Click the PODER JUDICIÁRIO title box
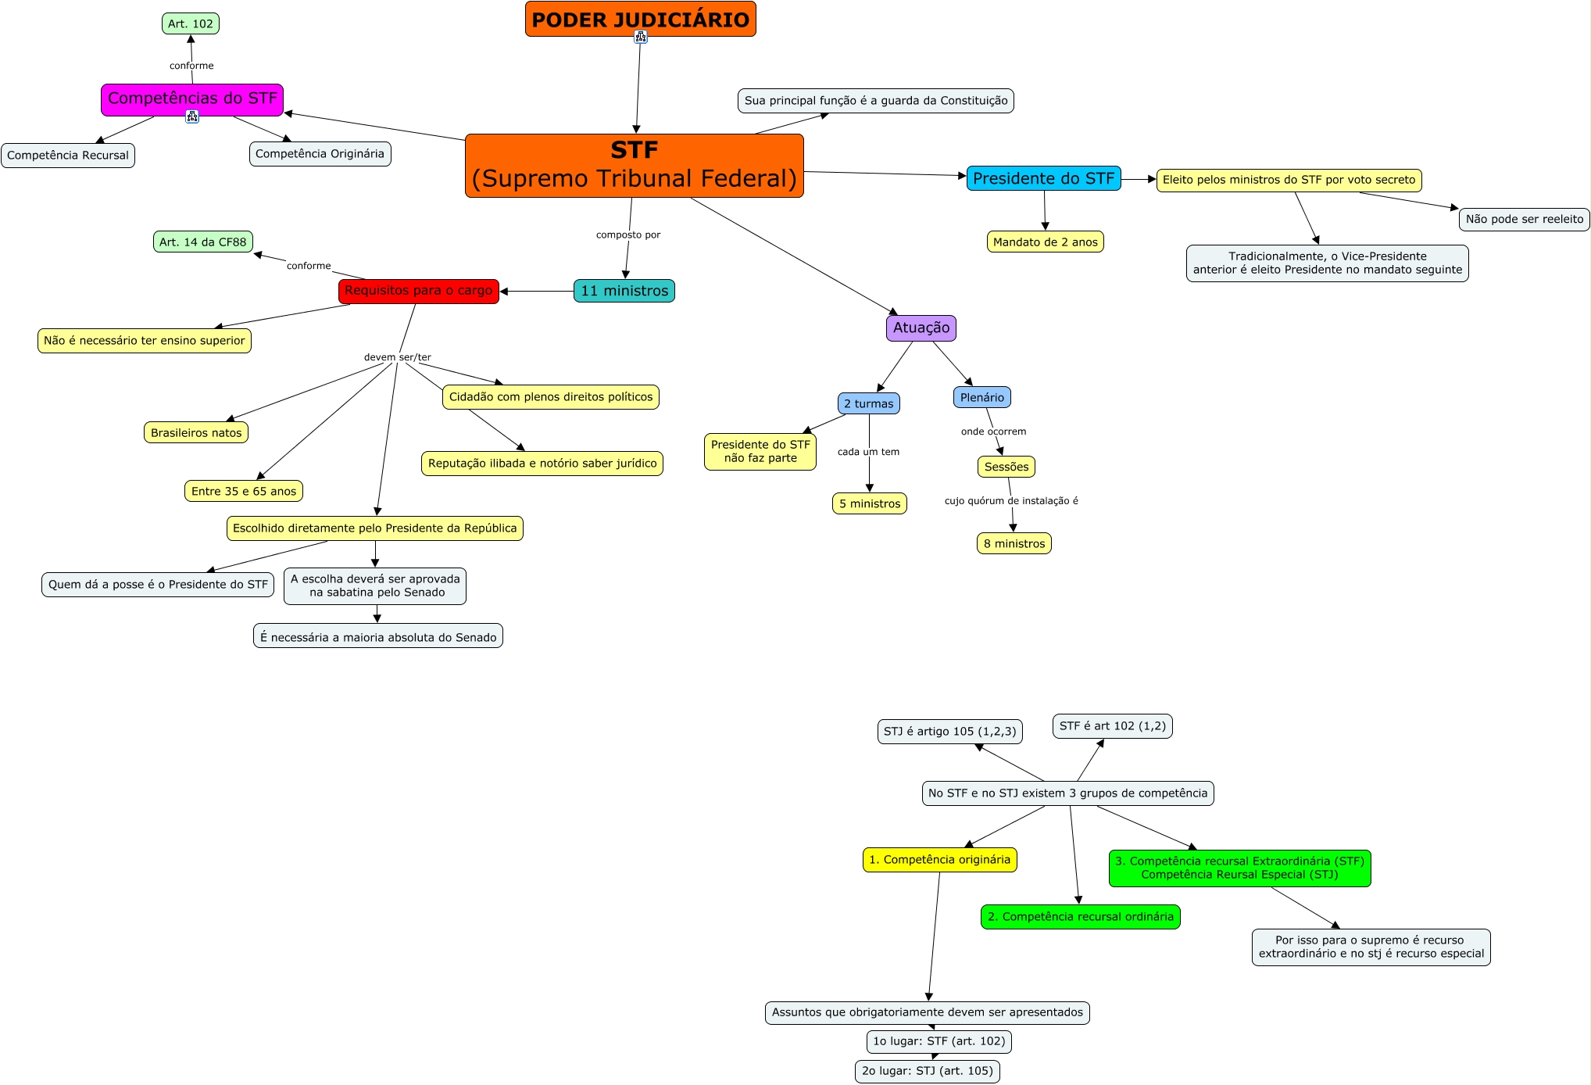pyautogui.click(x=640, y=19)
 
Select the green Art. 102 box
pyautogui.click(x=191, y=23)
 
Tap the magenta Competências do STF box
pyautogui.click(x=192, y=98)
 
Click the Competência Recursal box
pyautogui.click(x=68, y=156)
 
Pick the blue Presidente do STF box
pyautogui.click(x=1043, y=178)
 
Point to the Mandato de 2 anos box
pyautogui.click(x=1045, y=242)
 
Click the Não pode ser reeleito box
pyautogui.click(x=1524, y=220)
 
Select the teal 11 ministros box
pyautogui.click(x=624, y=291)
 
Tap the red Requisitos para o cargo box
pyautogui.click(x=418, y=291)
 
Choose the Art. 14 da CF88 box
pyautogui.click(x=202, y=242)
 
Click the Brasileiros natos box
pyautogui.click(x=196, y=433)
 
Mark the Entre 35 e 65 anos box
pyautogui.click(x=244, y=492)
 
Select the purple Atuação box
pyautogui.click(x=921, y=328)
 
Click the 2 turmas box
pyautogui.click(x=868, y=404)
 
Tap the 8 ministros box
pyautogui.click(x=1014, y=544)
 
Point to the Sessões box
pyautogui.click(x=1006, y=467)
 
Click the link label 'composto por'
pyautogui.click(x=628, y=235)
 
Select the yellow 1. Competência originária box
pyautogui.click(x=939, y=860)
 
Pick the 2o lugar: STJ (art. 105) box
pyautogui.click(x=927, y=1071)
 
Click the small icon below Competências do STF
pyautogui.click(x=192, y=116)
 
